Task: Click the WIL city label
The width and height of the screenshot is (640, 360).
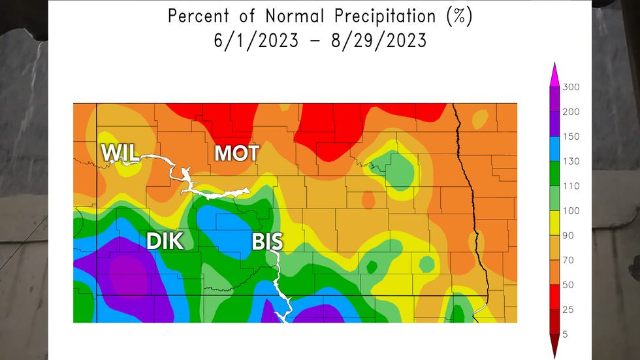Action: tap(120, 153)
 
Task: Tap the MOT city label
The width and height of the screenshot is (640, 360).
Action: tap(237, 154)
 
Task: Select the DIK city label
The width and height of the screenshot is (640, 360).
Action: tap(164, 241)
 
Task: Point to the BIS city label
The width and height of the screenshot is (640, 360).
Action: tap(268, 242)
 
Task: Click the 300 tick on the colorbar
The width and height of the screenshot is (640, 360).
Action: tap(571, 88)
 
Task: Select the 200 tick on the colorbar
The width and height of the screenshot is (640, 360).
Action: tap(571, 112)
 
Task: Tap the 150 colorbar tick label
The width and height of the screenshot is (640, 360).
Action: tap(571, 137)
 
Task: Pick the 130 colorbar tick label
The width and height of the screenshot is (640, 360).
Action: tap(571, 161)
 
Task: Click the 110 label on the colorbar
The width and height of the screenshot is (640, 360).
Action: tap(571, 186)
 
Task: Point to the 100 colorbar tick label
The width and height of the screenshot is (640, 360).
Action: tap(571, 211)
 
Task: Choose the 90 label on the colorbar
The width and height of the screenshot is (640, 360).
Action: tap(568, 235)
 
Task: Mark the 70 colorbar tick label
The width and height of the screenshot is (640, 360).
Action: tap(568, 260)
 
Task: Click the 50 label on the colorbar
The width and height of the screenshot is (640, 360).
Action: tap(568, 285)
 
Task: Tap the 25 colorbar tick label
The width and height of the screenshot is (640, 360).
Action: tap(568, 309)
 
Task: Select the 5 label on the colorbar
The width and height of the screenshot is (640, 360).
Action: tap(566, 334)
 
